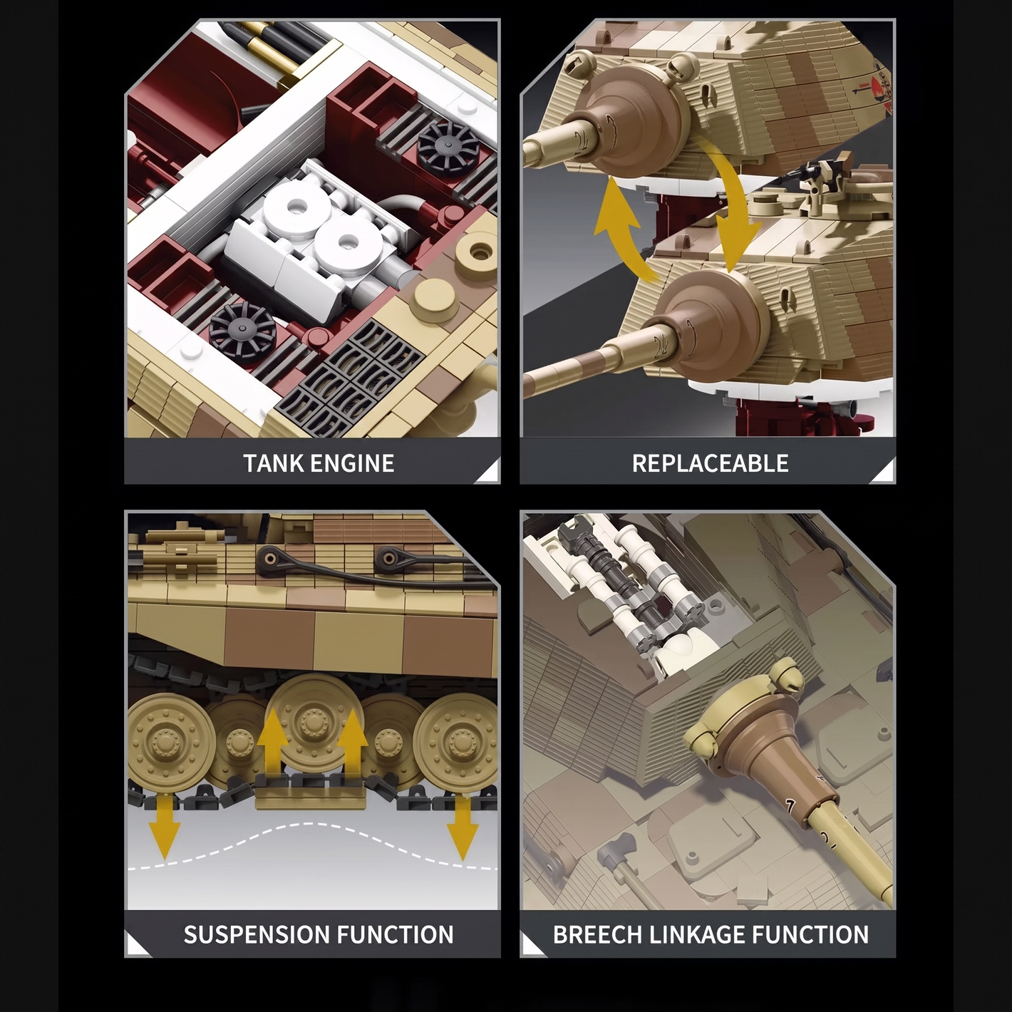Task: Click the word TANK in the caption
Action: tap(273, 463)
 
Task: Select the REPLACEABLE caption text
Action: tap(710, 463)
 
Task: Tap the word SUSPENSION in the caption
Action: tap(257, 935)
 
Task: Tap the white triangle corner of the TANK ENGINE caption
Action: tap(490, 473)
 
